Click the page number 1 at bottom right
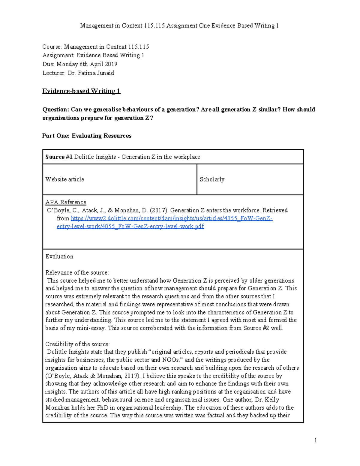point(316,440)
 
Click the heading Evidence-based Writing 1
point(81,91)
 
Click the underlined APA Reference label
point(66,202)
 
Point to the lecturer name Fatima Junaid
point(96,73)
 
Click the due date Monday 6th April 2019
point(87,64)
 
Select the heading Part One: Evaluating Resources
point(87,136)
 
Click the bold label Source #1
point(59,157)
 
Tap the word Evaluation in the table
point(59,257)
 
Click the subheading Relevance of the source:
point(77,272)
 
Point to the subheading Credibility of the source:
point(77,344)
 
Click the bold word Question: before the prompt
point(55,110)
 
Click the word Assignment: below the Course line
point(58,55)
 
